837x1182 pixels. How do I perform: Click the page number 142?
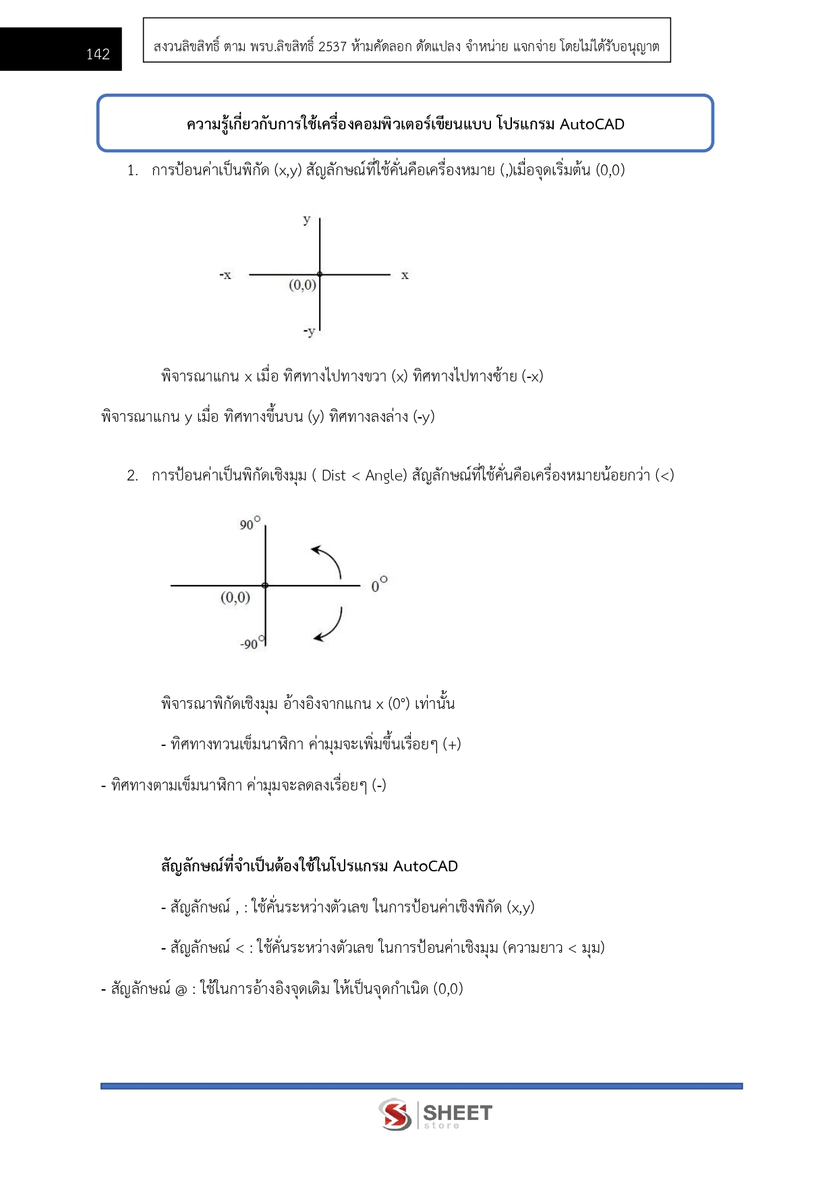(x=98, y=54)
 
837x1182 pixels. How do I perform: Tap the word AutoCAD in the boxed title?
(x=591, y=124)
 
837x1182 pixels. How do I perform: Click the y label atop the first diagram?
(x=307, y=219)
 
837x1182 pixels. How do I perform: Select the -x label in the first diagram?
(x=225, y=275)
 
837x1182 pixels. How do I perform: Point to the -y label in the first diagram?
(x=309, y=331)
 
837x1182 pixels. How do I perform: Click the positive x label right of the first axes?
(x=405, y=275)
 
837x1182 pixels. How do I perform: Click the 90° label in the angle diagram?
(x=250, y=524)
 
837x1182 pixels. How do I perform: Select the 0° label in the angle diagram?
(x=379, y=585)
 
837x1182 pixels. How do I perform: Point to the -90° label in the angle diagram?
(x=252, y=643)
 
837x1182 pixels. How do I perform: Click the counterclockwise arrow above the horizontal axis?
(x=328, y=560)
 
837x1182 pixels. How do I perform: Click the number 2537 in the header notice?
(x=332, y=46)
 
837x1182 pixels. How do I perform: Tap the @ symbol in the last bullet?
(x=181, y=989)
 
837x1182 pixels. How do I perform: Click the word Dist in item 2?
(x=333, y=476)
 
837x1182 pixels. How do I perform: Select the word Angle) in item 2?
(x=386, y=476)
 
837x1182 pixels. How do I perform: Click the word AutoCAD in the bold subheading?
(x=425, y=866)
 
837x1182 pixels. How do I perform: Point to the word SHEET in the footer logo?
(x=457, y=1112)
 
